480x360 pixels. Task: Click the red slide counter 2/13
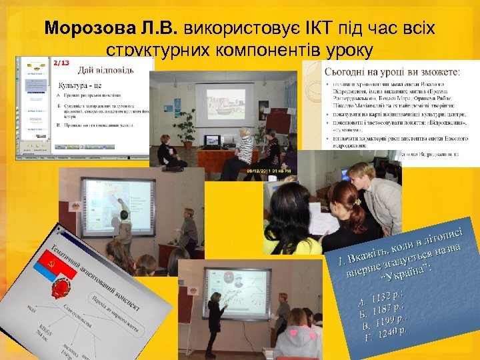click(x=61, y=63)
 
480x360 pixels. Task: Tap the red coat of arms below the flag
click(x=66, y=291)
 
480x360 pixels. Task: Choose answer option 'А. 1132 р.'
click(x=379, y=295)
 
